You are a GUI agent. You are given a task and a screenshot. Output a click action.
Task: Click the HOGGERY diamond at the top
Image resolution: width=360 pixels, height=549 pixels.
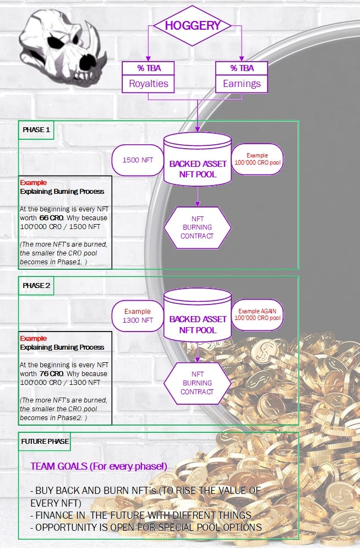tap(192, 25)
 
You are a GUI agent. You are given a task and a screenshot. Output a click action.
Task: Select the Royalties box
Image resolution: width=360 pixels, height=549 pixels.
tap(148, 78)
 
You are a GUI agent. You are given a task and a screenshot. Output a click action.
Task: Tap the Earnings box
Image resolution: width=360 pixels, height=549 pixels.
tap(242, 78)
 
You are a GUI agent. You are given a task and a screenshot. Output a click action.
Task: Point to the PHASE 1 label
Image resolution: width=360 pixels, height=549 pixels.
tap(36, 130)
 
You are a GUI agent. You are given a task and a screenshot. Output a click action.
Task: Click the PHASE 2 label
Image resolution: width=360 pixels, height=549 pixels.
tap(36, 286)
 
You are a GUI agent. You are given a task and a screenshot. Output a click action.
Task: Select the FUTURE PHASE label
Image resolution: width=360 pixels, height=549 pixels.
tap(45, 442)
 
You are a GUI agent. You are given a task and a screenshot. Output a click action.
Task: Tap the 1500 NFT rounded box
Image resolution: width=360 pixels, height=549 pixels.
tap(138, 160)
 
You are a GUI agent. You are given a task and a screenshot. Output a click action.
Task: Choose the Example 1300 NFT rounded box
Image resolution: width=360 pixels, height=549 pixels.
tap(138, 316)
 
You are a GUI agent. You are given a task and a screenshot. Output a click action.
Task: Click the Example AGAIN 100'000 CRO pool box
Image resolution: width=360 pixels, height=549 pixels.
tap(257, 315)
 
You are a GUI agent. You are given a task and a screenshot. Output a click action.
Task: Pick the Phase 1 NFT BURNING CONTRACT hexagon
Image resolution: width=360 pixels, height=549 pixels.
tap(197, 227)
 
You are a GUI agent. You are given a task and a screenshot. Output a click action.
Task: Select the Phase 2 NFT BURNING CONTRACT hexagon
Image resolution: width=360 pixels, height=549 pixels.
tap(197, 383)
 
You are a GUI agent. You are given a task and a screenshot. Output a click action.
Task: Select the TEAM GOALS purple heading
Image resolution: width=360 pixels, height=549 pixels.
tap(99, 466)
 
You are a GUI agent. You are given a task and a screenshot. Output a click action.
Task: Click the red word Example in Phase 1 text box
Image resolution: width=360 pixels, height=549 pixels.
tap(33, 182)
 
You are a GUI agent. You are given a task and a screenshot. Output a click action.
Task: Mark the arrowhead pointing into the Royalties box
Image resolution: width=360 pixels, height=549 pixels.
tap(148, 58)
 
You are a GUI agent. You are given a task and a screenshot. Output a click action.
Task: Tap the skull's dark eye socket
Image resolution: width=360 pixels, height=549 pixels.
tap(55, 42)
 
